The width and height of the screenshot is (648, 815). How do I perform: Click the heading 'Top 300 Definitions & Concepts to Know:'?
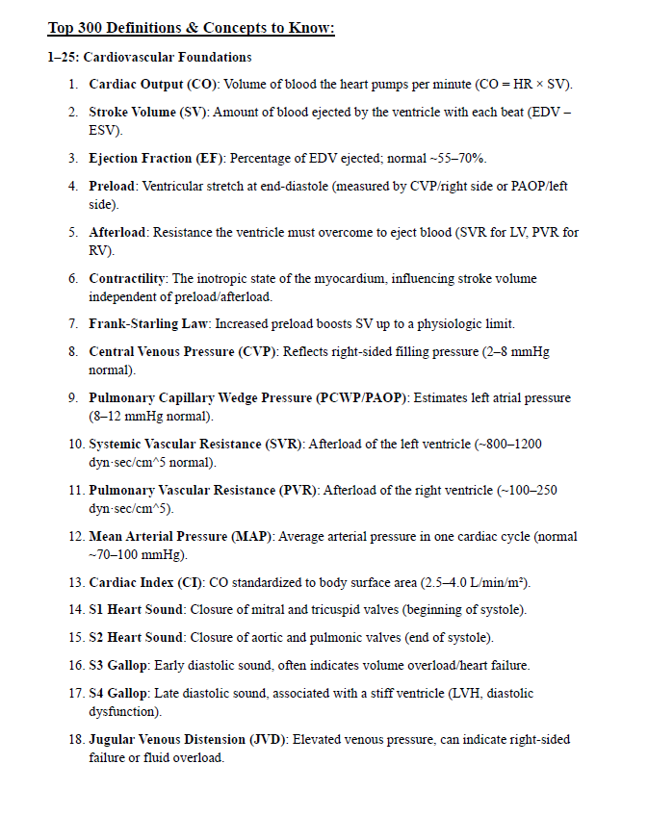tap(191, 28)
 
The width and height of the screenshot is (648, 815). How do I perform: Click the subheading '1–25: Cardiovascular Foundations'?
tap(149, 58)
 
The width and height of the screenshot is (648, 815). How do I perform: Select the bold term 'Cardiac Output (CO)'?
tap(154, 85)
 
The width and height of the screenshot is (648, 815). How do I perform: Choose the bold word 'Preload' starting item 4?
tap(113, 186)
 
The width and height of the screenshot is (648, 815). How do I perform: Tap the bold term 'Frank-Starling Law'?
tap(149, 324)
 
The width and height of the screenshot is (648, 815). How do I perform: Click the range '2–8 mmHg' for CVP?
tap(517, 352)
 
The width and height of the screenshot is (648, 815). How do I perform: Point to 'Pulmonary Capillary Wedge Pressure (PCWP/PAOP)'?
tap(250, 398)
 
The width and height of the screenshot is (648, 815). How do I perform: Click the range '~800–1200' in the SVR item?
tap(509, 445)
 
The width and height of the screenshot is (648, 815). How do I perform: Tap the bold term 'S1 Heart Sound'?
tap(136, 610)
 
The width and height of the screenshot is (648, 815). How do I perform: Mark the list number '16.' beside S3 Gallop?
tap(76, 665)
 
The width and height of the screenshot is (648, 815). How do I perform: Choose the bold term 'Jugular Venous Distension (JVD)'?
tap(188, 740)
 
